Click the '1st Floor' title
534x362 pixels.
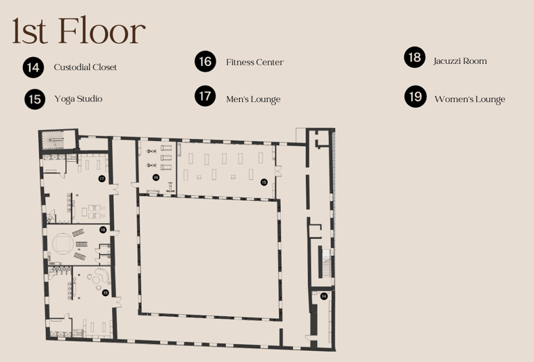pos(79,31)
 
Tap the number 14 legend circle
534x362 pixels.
pos(33,67)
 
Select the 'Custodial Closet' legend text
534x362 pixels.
pos(85,67)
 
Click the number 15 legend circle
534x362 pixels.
pos(35,99)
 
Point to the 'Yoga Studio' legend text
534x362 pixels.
pos(79,99)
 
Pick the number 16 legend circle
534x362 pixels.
pos(205,61)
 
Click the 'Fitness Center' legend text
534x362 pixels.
pos(254,63)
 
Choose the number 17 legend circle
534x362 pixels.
pos(205,96)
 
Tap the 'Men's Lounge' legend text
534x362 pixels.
pos(253,99)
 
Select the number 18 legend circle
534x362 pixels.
pos(415,57)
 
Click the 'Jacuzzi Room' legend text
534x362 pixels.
pos(460,61)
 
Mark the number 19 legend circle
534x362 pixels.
pos(416,97)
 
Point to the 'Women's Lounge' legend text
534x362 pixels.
pos(469,99)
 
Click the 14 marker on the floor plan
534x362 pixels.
pos(324,296)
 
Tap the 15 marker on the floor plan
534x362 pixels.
pos(264,182)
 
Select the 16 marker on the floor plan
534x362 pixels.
pos(156,177)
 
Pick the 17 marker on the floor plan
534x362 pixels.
pos(102,179)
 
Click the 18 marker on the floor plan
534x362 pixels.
pos(103,230)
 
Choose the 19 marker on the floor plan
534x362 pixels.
pos(105,293)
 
